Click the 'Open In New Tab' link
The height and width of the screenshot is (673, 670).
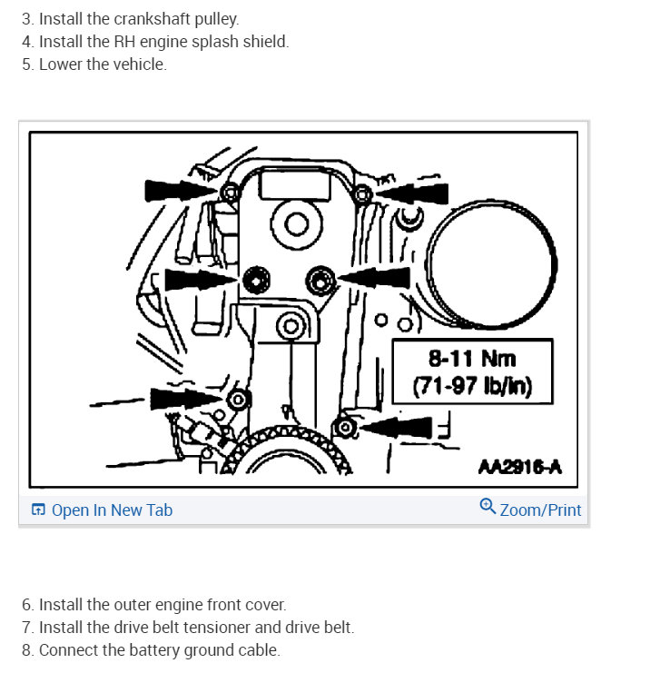tap(111, 510)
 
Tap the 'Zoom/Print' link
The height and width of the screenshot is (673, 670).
tap(539, 510)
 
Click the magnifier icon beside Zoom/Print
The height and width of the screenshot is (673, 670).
tap(488, 508)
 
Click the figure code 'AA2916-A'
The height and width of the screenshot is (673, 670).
tap(520, 467)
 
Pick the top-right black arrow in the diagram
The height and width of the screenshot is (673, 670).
tap(413, 192)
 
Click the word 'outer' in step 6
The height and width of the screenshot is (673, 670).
tap(137, 604)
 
